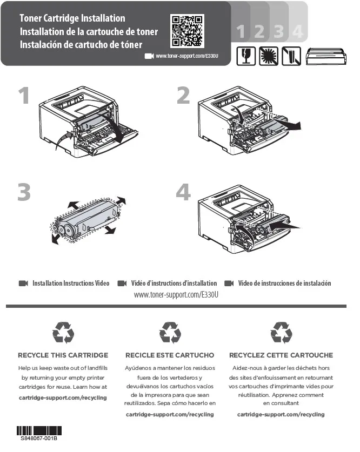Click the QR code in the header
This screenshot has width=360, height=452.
pyautogui.click(x=188, y=31)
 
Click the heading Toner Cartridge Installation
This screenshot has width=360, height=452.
pyautogui.click(x=72, y=19)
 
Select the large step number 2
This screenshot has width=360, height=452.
pyautogui.click(x=183, y=96)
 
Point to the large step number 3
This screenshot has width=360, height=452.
pyautogui.click(x=23, y=193)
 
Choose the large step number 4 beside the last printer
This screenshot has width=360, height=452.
pyautogui.click(x=183, y=193)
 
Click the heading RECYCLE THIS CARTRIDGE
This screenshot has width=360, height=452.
pyautogui.click(x=63, y=355)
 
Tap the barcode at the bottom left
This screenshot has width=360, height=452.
pyautogui.click(x=39, y=430)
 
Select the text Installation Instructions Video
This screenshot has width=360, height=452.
pyautogui.click(x=71, y=284)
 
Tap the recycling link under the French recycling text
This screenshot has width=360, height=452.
pyautogui.click(x=281, y=414)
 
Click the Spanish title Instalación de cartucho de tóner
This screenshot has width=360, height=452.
pyautogui.click(x=81, y=44)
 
